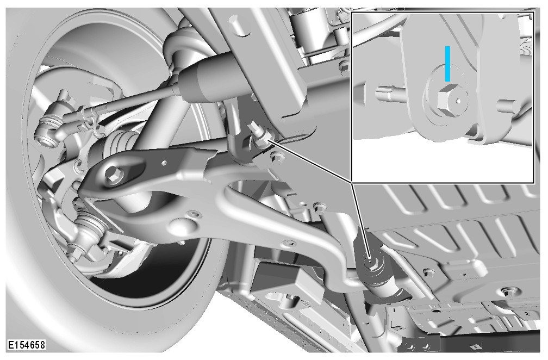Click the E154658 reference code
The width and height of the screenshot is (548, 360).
(27, 345)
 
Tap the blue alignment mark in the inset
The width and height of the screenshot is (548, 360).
(448, 64)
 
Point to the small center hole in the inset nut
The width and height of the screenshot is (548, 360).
(458, 101)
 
